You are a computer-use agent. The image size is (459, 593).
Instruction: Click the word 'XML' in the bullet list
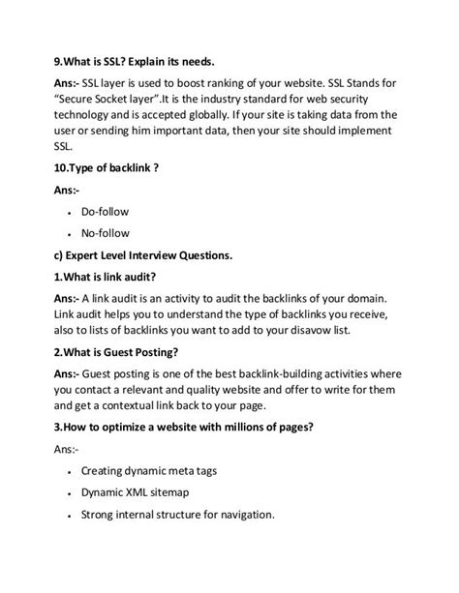(149, 493)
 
